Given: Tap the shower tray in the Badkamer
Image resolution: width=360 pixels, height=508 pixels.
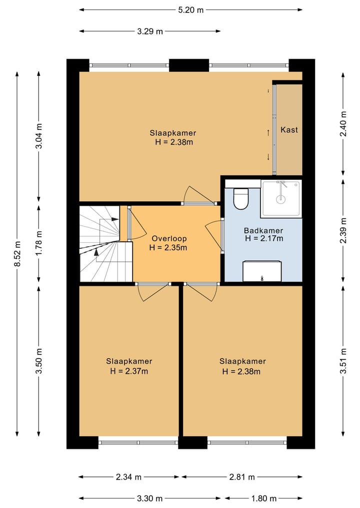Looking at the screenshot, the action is tap(281, 199).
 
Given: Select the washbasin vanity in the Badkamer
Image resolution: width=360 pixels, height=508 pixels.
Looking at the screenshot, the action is tap(262, 271).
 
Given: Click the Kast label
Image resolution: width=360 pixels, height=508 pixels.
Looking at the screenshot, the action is tap(289, 130).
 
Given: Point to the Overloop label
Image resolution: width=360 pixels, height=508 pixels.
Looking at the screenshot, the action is tap(169, 239).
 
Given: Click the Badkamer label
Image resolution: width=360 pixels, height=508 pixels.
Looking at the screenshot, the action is tap(263, 231).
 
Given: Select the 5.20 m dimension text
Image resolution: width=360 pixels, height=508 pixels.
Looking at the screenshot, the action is tap(190, 10).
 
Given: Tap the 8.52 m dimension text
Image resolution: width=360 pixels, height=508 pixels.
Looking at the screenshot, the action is tap(18, 254).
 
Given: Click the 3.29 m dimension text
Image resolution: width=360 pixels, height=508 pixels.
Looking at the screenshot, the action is tap(150, 31).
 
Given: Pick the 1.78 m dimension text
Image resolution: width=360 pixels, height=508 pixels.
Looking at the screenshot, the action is tap(38, 243).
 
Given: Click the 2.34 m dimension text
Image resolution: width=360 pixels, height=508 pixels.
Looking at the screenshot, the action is tap(129, 477).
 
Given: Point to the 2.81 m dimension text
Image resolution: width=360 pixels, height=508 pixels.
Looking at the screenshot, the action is tap(242, 477).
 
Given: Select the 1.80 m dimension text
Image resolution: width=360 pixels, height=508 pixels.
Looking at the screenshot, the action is tap(264, 499).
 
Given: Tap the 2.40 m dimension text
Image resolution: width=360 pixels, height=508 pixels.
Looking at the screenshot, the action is tap(343, 124).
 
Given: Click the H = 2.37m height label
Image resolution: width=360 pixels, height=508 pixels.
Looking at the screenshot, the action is tap(129, 371).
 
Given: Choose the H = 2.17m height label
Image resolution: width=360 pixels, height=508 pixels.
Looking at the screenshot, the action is tap(264, 239).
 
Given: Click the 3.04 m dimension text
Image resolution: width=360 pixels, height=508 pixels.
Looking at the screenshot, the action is tap(38, 136).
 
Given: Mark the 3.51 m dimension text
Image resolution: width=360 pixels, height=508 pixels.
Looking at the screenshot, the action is tap(343, 361).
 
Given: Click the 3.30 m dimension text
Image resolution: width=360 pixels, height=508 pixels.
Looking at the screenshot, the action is tap(150, 499).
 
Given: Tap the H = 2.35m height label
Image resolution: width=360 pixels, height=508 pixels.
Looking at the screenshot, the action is tap(168, 248).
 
